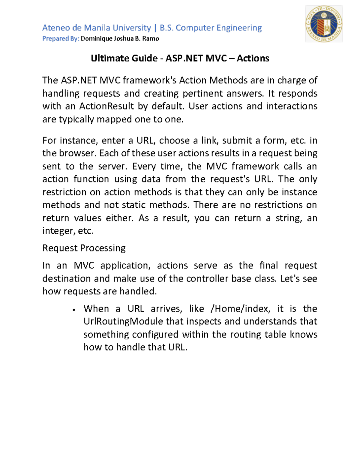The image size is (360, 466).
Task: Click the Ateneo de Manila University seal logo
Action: [x=324, y=24]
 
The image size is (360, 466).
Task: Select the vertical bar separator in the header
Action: [x=155, y=28]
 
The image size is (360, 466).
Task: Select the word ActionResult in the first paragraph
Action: [x=106, y=106]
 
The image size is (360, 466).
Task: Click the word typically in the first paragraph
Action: [x=76, y=119]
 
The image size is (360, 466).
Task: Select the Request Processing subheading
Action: [x=84, y=248]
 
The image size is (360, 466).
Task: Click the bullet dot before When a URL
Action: [x=74, y=310]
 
